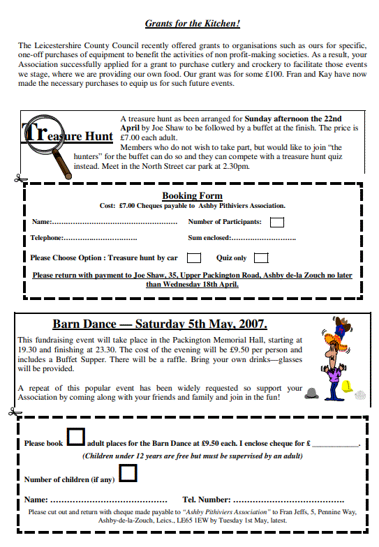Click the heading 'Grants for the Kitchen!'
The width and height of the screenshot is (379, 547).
pyautogui.click(x=193, y=24)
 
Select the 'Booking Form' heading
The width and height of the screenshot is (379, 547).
pyautogui.click(x=192, y=196)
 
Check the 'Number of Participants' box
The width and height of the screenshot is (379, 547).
pyautogui.click(x=277, y=222)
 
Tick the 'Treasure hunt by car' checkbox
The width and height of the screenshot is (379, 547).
pyautogui.click(x=195, y=258)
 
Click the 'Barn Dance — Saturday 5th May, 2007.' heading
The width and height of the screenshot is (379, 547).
pyautogui.click(x=160, y=324)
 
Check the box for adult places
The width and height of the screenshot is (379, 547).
pyautogui.click(x=75, y=437)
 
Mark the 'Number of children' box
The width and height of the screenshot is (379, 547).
pyautogui.click(x=128, y=474)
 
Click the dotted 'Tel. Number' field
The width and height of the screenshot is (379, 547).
pyautogui.click(x=288, y=500)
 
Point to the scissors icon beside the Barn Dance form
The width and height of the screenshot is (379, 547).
pyautogui.click(x=13, y=412)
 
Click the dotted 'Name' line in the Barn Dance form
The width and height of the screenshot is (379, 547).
pyautogui.click(x=105, y=500)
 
